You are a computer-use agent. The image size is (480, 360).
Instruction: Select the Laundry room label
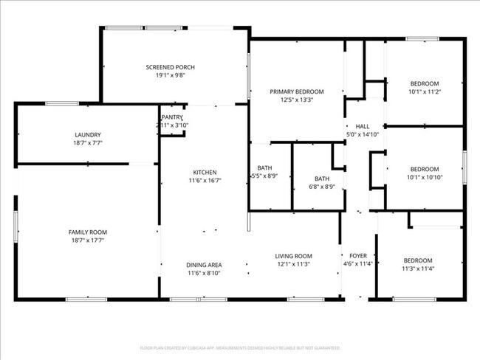coord(88,134)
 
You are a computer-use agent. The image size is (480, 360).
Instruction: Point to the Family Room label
coord(88,232)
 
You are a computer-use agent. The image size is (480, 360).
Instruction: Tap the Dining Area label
coord(205,265)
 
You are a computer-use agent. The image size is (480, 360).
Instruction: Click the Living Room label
coord(294,255)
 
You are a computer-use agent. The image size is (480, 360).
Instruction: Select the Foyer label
coord(358,255)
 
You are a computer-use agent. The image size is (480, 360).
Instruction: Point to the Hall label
coord(363,126)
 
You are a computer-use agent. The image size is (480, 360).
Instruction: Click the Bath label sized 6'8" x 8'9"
coord(322,179)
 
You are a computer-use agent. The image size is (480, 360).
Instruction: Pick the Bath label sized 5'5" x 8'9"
coord(264,168)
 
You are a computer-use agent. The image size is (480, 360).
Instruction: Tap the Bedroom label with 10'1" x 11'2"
coord(425,83)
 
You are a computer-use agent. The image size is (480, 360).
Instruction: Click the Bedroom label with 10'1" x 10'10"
coord(425,168)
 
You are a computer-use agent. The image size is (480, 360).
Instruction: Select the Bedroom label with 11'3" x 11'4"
coord(418,260)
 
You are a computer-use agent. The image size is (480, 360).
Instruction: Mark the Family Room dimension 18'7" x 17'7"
coord(88,240)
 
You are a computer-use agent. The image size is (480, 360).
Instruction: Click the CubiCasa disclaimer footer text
coord(240,347)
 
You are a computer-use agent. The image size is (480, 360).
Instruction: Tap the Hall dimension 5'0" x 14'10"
coord(363,134)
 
